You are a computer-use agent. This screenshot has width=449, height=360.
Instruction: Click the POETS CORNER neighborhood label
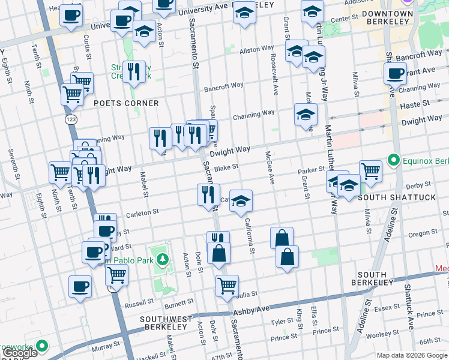tap(126, 103)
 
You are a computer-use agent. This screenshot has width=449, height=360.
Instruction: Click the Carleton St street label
tap(142, 212)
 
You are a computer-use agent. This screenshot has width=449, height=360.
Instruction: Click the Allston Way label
tap(257, 49)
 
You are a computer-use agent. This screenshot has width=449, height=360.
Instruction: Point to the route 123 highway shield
tap(70, 120)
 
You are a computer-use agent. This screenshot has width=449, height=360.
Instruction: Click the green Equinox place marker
tap(394, 160)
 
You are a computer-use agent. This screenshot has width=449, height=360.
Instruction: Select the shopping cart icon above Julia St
tap(227, 286)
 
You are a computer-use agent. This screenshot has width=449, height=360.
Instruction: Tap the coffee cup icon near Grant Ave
tap(395, 74)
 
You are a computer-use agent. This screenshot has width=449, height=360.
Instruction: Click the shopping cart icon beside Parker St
tap(370, 170)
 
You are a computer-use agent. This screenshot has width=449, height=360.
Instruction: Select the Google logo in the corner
tap(19, 353)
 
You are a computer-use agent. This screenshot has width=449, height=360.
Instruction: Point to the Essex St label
tap(386, 308)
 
